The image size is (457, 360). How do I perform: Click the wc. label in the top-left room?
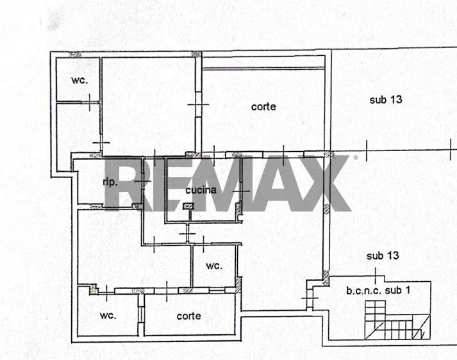[x=79, y=80]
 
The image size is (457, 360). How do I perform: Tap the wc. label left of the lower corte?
[x=108, y=315]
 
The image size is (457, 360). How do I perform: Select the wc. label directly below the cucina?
[x=214, y=266]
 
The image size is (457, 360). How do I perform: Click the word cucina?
[x=201, y=190]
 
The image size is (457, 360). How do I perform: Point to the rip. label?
[x=110, y=183]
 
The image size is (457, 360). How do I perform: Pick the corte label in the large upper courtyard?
[x=263, y=106]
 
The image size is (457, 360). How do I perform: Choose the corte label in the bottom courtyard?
[x=189, y=316]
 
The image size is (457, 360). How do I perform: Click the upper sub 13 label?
[x=386, y=100]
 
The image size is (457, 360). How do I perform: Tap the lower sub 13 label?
[x=383, y=256]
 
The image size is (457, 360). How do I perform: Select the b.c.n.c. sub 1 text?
[x=378, y=290]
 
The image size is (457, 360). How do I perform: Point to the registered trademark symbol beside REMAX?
[x=356, y=158]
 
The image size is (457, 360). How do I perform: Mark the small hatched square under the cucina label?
[x=188, y=206]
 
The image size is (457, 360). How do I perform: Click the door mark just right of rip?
[x=143, y=181]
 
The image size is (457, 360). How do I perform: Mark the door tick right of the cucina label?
[x=241, y=191]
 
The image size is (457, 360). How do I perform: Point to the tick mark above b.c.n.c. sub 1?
[x=376, y=275]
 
